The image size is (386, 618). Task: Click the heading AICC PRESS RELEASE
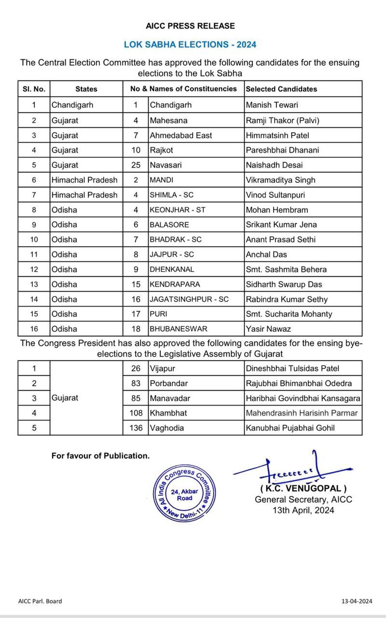coord(190,26)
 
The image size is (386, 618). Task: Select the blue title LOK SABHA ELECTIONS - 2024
coord(190,44)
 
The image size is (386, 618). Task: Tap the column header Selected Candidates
coord(281,89)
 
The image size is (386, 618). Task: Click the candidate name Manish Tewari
coord(272,105)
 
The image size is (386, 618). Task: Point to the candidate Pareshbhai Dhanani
coord(281,150)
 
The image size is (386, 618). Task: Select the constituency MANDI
coord(161,180)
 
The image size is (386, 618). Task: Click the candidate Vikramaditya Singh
coord(280,180)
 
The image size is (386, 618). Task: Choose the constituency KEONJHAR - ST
coord(174,210)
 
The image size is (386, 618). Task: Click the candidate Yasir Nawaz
coord(268,329)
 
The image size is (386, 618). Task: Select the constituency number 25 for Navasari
coord(136,165)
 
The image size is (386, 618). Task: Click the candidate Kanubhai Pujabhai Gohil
coord(290,428)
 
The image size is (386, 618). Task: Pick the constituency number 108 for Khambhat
coord(136,413)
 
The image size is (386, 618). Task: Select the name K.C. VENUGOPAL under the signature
coord(303,489)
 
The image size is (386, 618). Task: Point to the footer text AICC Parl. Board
coord(40,601)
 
